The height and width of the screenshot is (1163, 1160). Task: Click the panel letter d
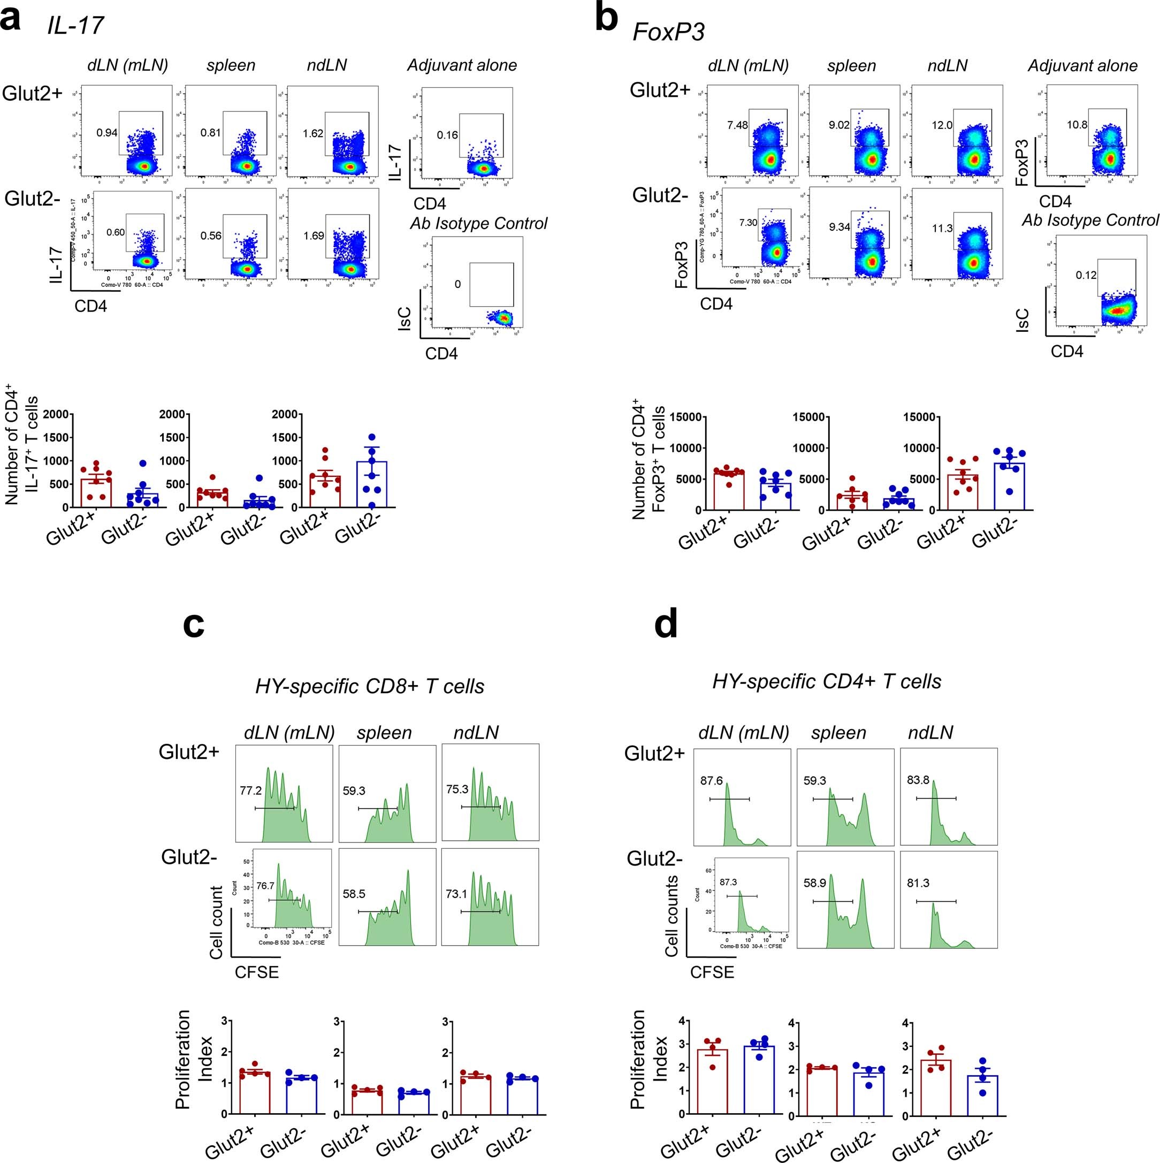pos(666,624)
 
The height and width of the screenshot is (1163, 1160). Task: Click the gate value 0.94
pos(107,132)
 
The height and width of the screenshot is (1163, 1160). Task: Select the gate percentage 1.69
pos(314,235)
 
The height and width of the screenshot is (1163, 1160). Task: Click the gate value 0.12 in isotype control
pos(1086,275)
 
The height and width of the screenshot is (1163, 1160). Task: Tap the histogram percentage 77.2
pos(250,790)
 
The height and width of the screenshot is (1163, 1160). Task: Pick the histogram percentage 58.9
pos(815,883)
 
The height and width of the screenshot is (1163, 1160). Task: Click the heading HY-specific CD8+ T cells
pos(369,686)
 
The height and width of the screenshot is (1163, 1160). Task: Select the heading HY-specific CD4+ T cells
pos(827,681)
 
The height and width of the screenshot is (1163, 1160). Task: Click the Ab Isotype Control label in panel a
pos(478,223)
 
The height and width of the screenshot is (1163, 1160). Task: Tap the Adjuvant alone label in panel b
pos(1082,66)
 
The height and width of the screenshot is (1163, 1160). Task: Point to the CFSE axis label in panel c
pos(257,972)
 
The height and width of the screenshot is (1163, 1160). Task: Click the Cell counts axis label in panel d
pos(672,916)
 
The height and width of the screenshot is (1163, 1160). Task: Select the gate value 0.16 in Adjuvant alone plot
pos(447,135)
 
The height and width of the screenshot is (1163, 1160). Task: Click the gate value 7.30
pos(749,223)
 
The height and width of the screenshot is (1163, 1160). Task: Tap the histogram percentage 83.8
pos(918,780)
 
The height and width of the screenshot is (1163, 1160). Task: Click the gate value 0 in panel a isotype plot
pos(458,284)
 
